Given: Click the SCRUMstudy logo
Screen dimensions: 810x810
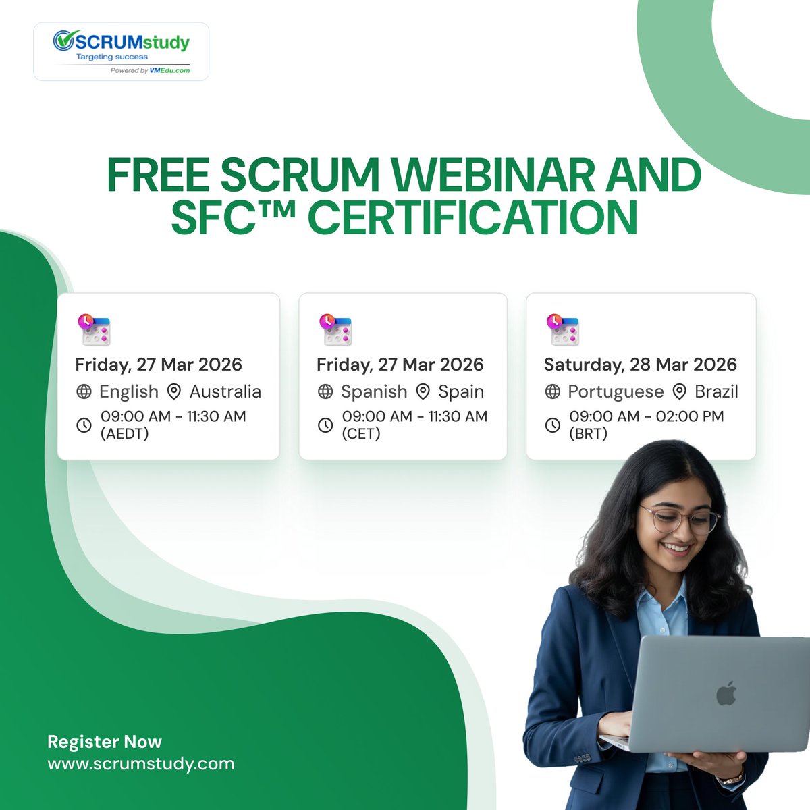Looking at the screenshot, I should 122,51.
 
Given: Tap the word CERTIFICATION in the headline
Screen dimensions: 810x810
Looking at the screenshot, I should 473,217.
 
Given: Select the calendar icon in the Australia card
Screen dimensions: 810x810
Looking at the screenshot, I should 94,330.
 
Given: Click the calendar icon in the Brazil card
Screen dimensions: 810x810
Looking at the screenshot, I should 563,329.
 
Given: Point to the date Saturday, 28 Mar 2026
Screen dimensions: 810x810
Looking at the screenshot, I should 640,364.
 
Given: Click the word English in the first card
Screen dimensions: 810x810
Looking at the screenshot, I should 128,391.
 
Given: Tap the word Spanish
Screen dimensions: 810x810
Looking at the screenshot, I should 374,391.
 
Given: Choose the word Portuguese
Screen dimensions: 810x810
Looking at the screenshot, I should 616,391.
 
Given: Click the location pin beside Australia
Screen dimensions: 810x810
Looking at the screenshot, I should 174,391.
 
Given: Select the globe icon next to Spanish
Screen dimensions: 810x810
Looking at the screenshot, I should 325,391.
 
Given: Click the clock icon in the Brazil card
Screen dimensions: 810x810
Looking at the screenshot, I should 553,425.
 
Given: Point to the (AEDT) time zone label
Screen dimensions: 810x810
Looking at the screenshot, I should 125,433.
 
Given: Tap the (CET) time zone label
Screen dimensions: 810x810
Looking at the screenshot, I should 361,433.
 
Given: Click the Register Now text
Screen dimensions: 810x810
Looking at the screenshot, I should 105,742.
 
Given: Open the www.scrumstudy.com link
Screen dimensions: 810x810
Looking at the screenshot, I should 141,764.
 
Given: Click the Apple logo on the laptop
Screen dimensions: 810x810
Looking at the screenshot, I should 726,693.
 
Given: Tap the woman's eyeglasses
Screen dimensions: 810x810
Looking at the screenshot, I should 678,520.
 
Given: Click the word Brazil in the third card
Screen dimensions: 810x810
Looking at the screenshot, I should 716,391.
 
